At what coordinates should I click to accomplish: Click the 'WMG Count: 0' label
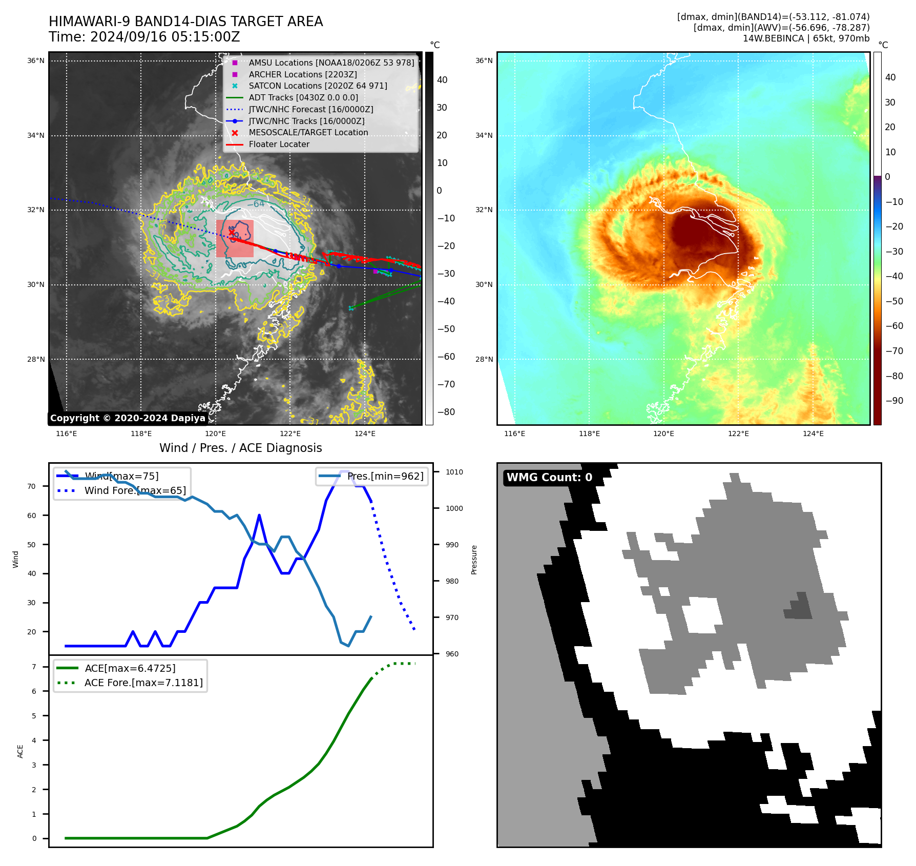pos(549,478)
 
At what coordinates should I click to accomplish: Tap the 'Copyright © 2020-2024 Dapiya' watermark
pos(128,418)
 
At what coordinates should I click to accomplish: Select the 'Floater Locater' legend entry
pos(279,145)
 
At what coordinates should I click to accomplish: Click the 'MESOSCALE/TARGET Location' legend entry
pos(308,133)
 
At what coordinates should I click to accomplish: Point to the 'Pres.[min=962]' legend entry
pos(385,477)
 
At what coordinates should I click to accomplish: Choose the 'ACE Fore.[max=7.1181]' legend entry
pos(143,683)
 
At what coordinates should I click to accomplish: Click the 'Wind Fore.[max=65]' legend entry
pos(135,490)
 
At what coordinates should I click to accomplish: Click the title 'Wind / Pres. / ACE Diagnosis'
pos(241,448)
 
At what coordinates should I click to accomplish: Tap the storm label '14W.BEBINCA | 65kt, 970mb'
pos(806,38)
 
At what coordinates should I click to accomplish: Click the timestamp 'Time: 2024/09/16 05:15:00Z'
pos(144,37)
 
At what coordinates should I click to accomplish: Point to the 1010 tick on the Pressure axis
pos(454,472)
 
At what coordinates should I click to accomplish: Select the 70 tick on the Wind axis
pos(32,486)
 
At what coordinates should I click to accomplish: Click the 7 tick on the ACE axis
pos(34,667)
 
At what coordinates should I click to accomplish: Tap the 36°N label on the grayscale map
pos(36,61)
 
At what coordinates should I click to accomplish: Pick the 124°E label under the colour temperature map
pos(813,434)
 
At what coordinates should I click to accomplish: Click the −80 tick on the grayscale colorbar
pos(446,412)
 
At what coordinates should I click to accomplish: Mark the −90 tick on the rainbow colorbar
pos(894,401)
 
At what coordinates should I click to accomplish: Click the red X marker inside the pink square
pos(232,233)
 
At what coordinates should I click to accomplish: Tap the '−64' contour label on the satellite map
pos(256,204)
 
